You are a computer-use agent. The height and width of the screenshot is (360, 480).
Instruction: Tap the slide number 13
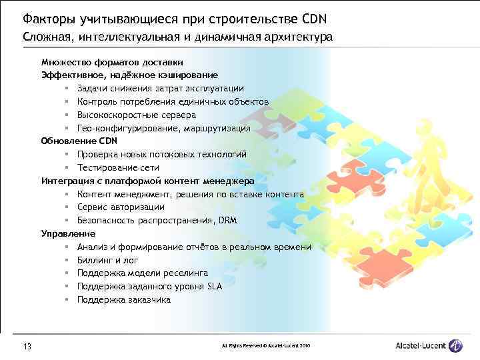[x=27, y=346]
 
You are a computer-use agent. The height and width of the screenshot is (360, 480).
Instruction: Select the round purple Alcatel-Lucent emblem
[x=456, y=345]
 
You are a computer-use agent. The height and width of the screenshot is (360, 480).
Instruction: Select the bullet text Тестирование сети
[x=118, y=167]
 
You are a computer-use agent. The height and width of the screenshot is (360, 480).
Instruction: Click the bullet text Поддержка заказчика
[x=123, y=299]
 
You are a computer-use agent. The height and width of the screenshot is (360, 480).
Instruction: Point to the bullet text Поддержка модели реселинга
[x=142, y=273]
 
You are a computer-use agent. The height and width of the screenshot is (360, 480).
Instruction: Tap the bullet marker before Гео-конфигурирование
[x=67, y=128]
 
